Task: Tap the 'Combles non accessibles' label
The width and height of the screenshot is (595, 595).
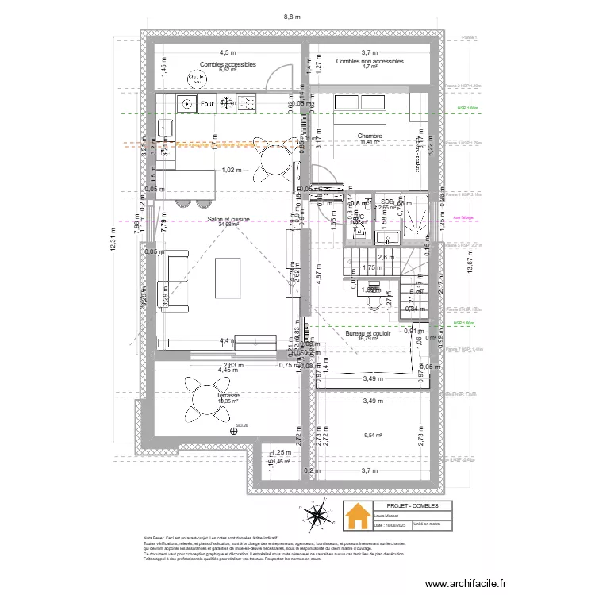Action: coord(370,61)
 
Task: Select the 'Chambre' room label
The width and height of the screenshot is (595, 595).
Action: coord(370,136)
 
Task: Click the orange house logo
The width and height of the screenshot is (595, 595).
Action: coord(357,516)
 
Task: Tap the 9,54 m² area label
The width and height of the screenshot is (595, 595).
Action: coord(373,435)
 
